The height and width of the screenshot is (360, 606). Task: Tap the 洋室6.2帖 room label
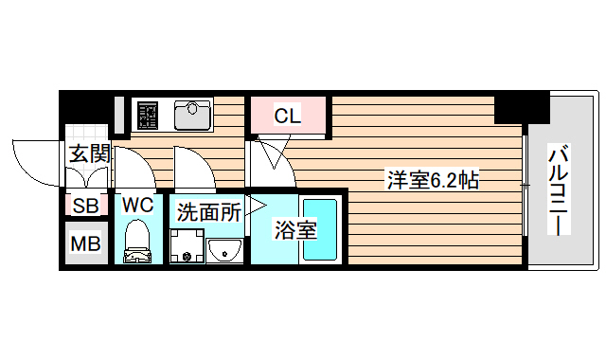(x=432, y=179)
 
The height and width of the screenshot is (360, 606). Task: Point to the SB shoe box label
(x=85, y=206)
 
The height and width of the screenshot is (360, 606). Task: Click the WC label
(x=137, y=204)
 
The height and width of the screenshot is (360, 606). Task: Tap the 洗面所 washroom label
(x=208, y=212)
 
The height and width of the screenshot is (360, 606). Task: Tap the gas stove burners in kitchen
(x=148, y=115)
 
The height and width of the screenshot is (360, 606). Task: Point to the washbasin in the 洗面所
(x=224, y=250)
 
